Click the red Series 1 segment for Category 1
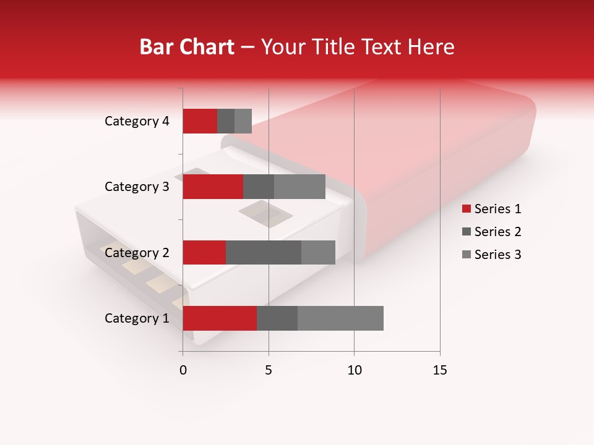point(220,318)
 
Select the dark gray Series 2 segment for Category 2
point(264,252)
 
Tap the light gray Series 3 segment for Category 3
point(299,187)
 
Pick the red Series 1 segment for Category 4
point(200,121)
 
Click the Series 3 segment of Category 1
point(340,318)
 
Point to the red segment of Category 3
point(213,187)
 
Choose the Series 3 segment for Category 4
point(243,121)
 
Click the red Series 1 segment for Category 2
point(204,252)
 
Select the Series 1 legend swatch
point(466,209)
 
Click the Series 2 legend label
point(497,232)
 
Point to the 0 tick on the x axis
point(183,370)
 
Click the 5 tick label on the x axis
point(269,370)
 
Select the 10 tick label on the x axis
point(354,370)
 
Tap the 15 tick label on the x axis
point(440,370)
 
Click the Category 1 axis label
point(137,318)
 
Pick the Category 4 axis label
point(137,121)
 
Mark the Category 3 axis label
point(137,187)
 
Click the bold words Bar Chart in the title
point(187,46)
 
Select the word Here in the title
point(432,46)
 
